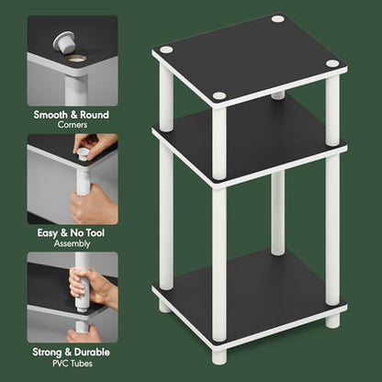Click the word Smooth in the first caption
pyautogui.click(x=51, y=115)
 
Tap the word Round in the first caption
pyautogui.click(x=95, y=115)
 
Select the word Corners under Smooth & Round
pyautogui.click(x=73, y=125)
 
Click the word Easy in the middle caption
pyautogui.click(x=48, y=233)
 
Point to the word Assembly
pyautogui.click(x=73, y=244)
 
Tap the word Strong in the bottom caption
pyautogui.click(x=47, y=353)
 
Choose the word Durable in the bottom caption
pyautogui.click(x=92, y=352)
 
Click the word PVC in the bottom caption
pyautogui.click(x=61, y=364)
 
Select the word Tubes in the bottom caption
pyautogui.click(x=82, y=364)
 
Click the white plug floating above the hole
pyautogui.click(x=64, y=42)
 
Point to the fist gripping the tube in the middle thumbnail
pyautogui.click(x=92, y=205)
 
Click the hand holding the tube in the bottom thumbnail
pyautogui.click(x=90, y=287)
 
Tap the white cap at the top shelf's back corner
pyautogui.click(x=277, y=18)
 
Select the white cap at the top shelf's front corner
pyautogui.click(x=219, y=95)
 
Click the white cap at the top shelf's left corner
pyautogui.click(x=166, y=50)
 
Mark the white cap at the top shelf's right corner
pyautogui.click(x=332, y=63)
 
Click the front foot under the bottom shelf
pyautogui.click(x=219, y=356)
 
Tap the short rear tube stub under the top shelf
pyautogui.click(x=278, y=95)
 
